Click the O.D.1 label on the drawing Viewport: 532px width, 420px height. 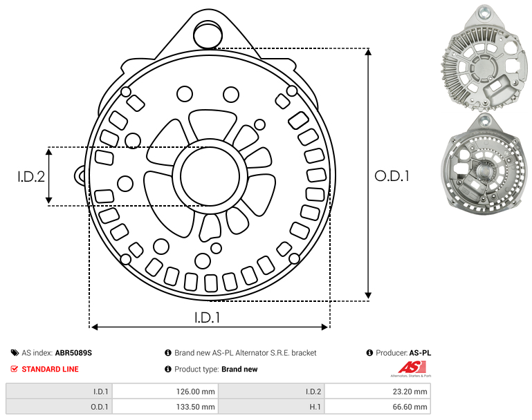(392, 176)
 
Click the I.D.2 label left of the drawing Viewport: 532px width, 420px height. (31, 176)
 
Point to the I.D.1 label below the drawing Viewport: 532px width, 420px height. (208, 317)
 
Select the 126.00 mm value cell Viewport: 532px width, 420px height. (165, 391)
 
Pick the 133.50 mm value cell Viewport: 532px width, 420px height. (165, 406)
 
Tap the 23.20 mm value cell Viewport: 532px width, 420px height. (377, 391)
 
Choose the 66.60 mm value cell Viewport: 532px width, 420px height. (377, 406)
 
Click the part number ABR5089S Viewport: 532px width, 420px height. (73, 353)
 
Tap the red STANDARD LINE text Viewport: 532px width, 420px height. (51, 369)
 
